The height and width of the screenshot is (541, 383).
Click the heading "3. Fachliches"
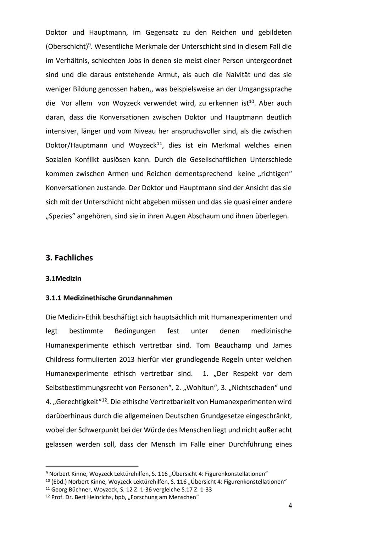(x=69, y=258)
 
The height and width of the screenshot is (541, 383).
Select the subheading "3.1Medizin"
(x=63, y=278)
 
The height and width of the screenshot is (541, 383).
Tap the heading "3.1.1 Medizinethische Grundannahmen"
(x=109, y=298)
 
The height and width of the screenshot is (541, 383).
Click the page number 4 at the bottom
(x=290, y=506)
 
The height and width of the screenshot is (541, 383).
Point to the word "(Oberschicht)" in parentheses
(x=67, y=47)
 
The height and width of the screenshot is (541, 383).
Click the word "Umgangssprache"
(x=265, y=89)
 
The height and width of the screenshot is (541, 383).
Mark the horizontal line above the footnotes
(x=92, y=466)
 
